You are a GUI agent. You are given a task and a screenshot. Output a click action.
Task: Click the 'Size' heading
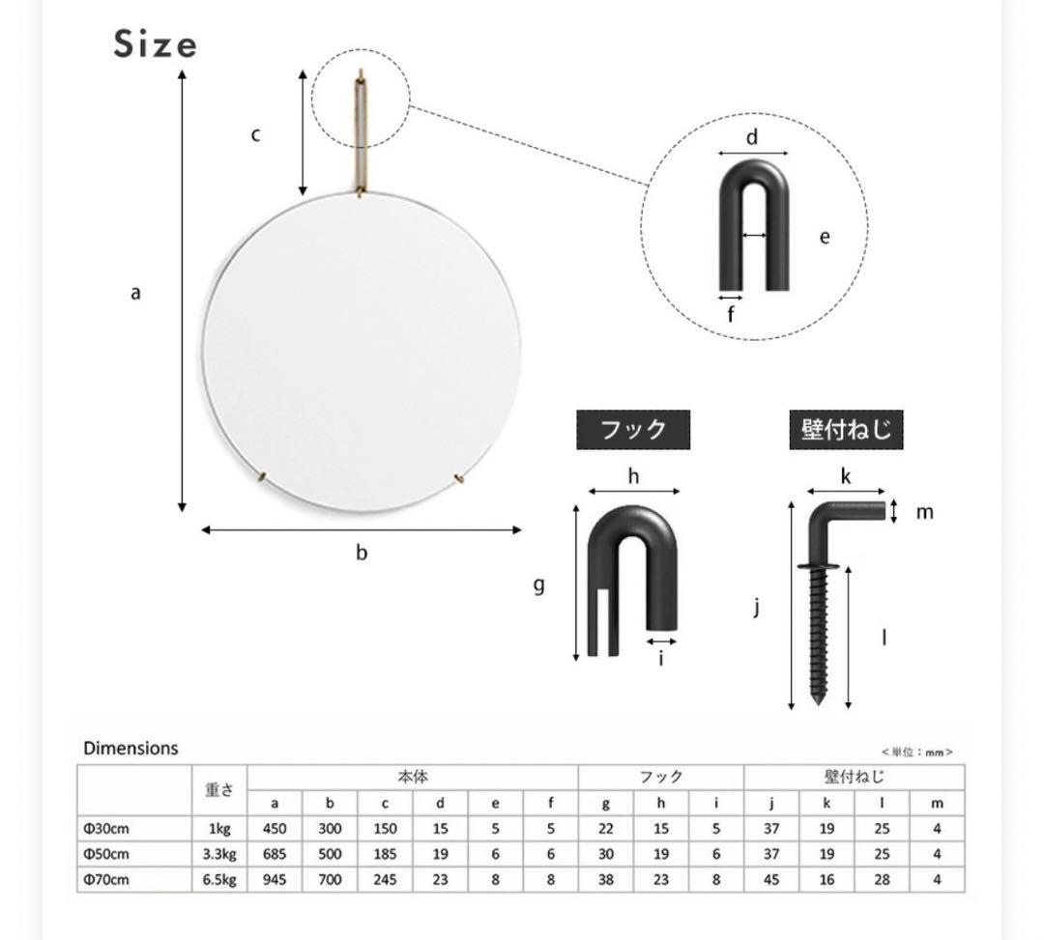click(155, 44)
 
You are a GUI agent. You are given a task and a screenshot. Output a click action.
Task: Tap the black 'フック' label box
click(633, 430)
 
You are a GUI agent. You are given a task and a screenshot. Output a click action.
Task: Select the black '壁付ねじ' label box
click(846, 430)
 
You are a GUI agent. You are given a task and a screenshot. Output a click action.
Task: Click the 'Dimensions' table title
click(130, 749)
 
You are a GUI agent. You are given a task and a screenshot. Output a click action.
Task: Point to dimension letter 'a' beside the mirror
click(136, 293)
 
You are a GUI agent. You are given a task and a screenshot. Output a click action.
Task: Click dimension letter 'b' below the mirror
click(362, 553)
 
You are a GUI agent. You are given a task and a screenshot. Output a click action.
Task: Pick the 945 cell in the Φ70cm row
click(275, 879)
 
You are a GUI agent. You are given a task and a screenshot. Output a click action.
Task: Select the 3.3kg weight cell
click(219, 854)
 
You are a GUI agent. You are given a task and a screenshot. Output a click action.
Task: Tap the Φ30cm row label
click(106, 829)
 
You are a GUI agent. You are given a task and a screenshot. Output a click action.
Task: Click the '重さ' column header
click(219, 789)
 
